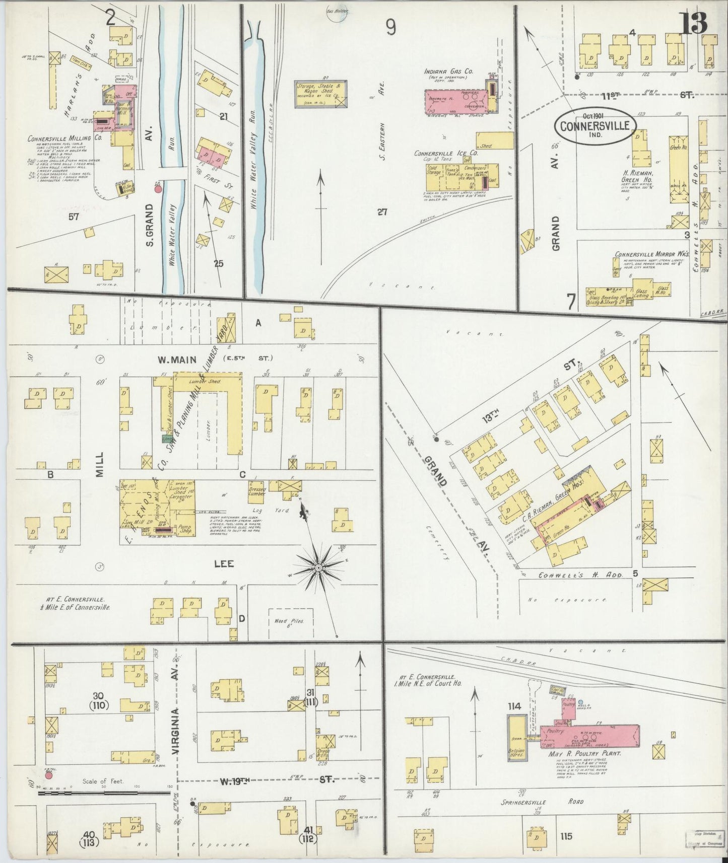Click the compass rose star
(x=318, y=567)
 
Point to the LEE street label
(x=224, y=563)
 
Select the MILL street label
(x=99, y=464)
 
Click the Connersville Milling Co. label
(x=59, y=138)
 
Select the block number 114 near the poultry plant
(x=514, y=706)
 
